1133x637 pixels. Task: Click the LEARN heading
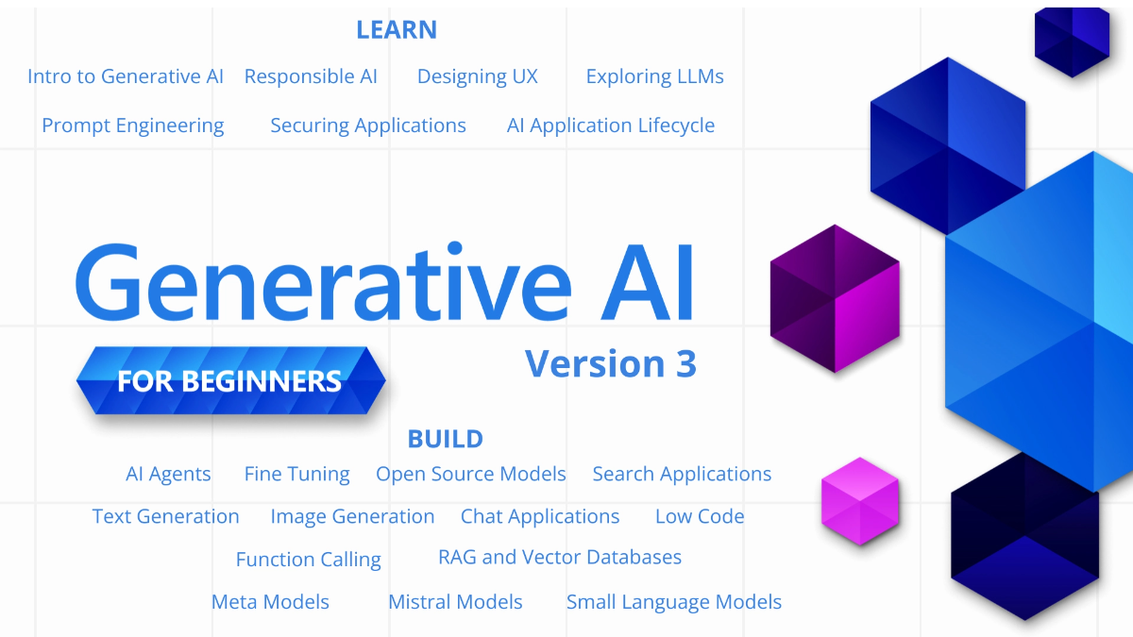397,29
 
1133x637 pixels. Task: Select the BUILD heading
445,439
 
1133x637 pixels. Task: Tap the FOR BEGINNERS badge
230,381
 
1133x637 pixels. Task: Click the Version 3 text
611,363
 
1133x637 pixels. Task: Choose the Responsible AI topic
311,76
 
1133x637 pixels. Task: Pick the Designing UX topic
478,76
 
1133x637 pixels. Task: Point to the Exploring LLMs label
654,76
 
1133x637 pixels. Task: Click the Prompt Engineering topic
133,126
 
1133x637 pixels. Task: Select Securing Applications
368,126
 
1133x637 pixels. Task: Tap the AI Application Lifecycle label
611,126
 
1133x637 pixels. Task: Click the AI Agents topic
168,474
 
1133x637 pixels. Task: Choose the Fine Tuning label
296,474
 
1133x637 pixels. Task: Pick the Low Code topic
700,516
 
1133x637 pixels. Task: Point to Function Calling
309,560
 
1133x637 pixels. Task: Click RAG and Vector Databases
560,557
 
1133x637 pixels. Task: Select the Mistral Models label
455,602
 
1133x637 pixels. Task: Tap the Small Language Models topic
674,602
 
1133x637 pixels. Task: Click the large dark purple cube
835,297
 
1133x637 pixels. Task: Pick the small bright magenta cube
859,501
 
